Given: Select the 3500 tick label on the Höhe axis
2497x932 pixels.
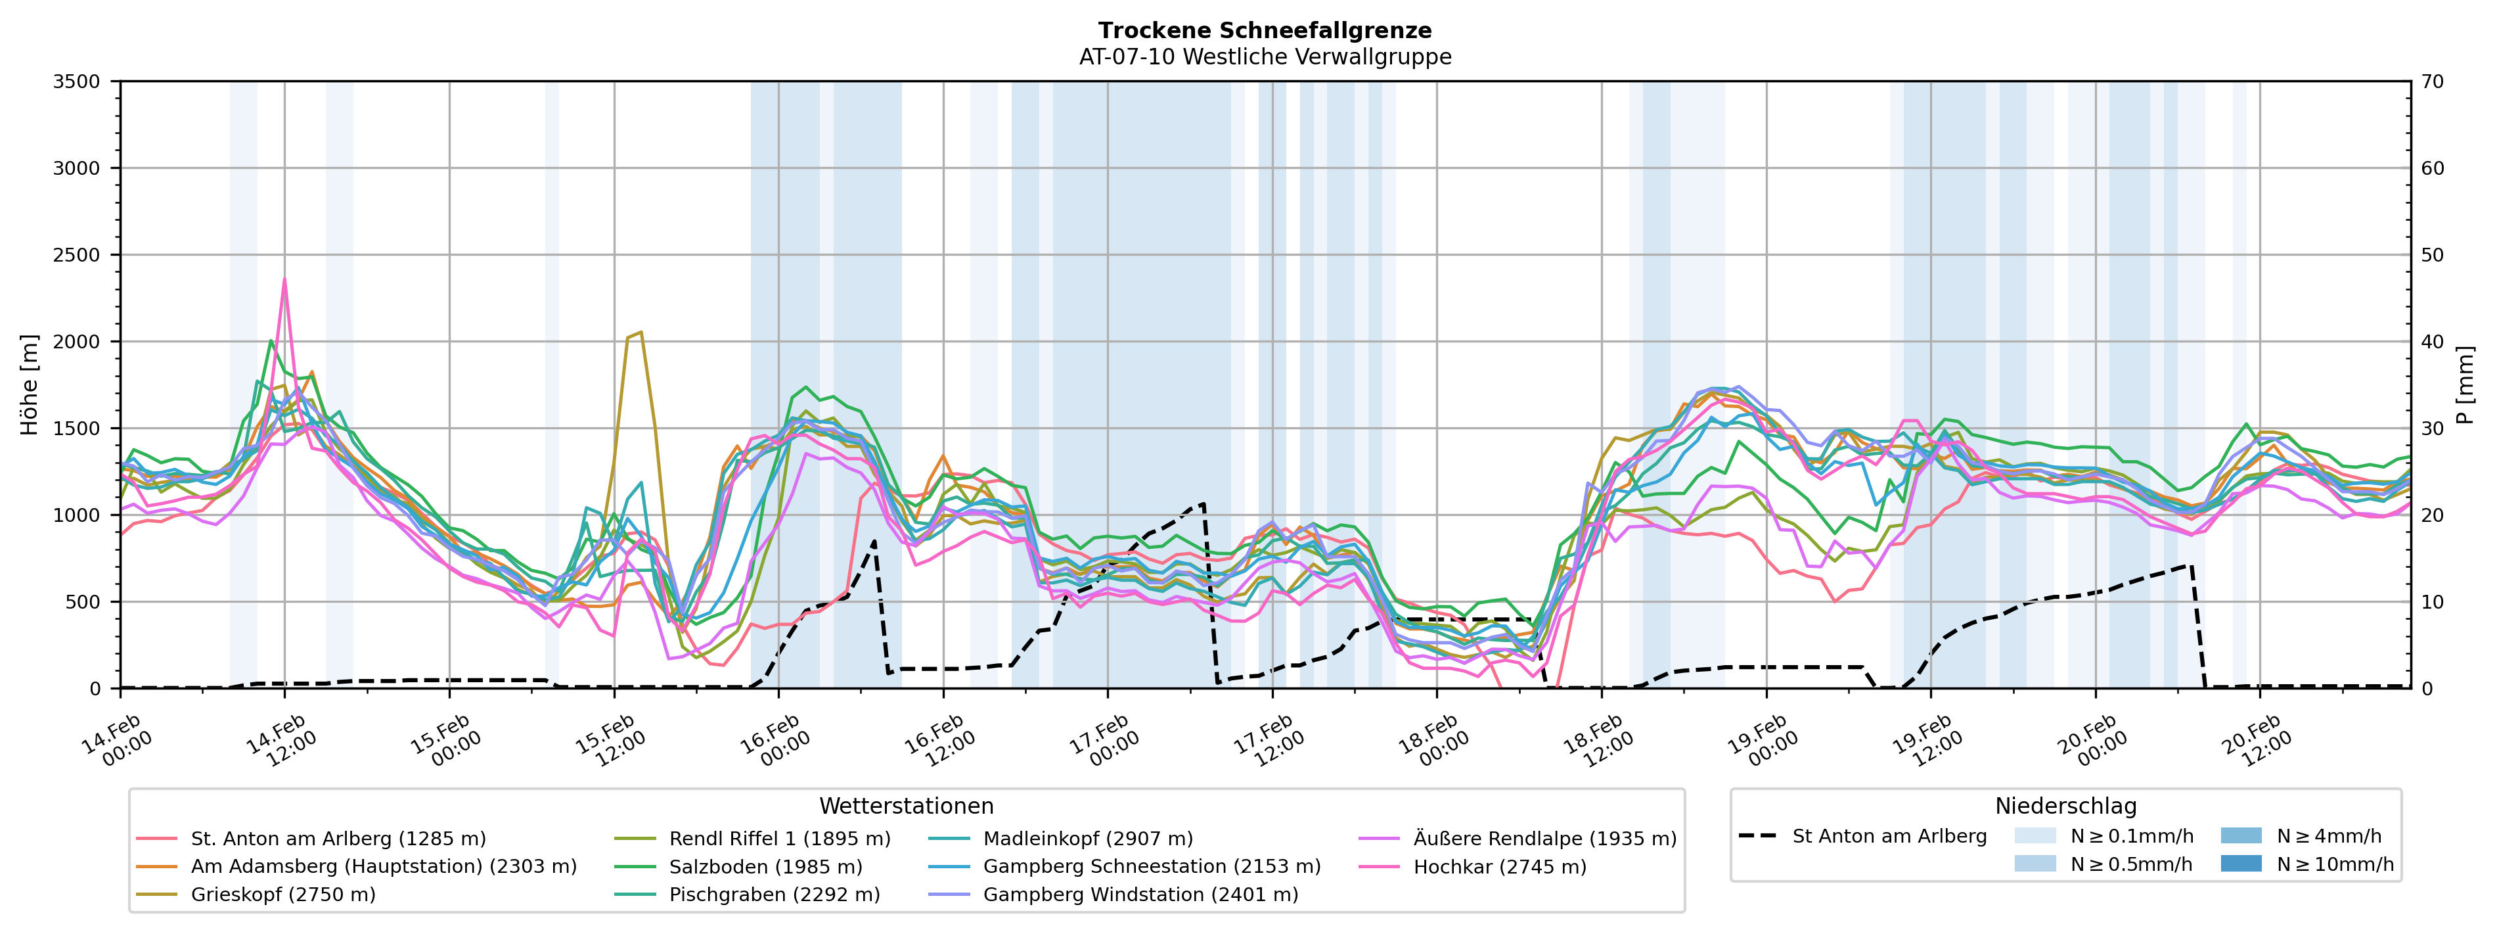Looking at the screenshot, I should [77, 82].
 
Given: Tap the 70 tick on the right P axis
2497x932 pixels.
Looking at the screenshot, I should [2432, 82].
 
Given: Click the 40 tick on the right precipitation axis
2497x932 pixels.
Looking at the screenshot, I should [2432, 341].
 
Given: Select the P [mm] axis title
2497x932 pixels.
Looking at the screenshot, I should [2465, 385].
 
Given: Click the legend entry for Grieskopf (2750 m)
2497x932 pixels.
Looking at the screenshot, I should [283, 894].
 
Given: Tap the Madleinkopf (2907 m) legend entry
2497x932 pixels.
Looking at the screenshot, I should [1088, 838].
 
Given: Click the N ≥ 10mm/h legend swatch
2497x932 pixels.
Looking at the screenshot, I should [2240, 863].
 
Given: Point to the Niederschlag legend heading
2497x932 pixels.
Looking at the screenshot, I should [2065, 806].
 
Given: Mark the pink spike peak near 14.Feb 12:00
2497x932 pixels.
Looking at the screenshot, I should [284, 279].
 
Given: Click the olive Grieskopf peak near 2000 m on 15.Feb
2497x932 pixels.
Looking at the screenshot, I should [641, 333].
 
